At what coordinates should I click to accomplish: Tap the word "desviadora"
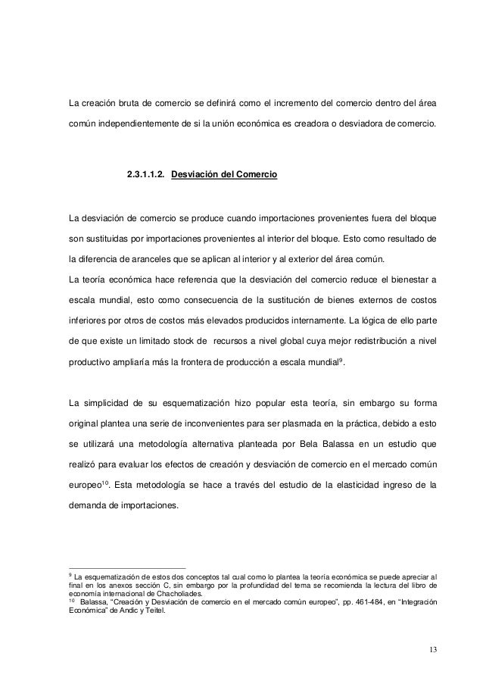coord(350,123)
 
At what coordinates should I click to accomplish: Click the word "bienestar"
coord(399,280)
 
